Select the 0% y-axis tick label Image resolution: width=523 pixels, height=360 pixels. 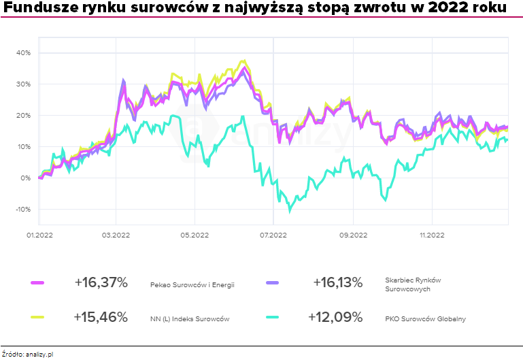pos(25,178)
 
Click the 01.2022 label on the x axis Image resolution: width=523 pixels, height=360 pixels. pos(39,235)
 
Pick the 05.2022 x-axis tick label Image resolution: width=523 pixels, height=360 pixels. pos(195,235)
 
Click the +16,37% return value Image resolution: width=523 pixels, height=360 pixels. pos(100,282)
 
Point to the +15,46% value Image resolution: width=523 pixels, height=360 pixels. pos(100,317)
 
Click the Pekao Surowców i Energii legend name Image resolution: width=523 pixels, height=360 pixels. pos(192,284)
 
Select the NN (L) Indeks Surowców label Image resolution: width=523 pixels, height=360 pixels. pos(190,318)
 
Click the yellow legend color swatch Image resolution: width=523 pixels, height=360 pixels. pos(37,317)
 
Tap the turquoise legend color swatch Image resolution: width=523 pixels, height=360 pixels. pos(273,317)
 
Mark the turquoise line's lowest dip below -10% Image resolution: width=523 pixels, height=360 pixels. pos(290,211)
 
